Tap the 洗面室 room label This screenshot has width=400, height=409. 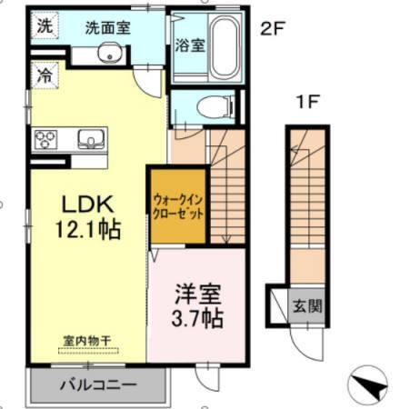tap(107, 28)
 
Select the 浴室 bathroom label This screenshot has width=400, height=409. tap(191, 44)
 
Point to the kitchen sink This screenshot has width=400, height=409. tap(91, 139)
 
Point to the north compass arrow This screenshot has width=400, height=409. tap(370, 385)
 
